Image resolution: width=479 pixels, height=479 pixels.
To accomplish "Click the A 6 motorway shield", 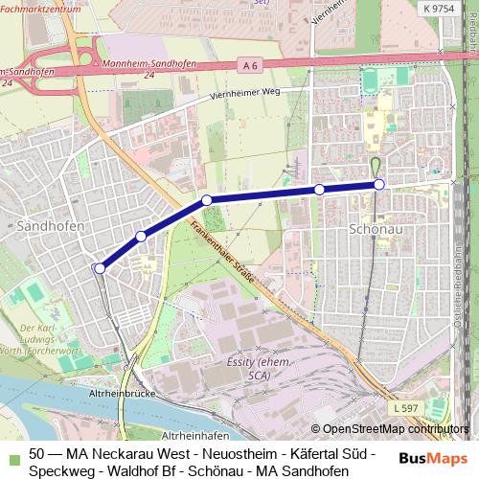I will pyautogui.click(x=250, y=65).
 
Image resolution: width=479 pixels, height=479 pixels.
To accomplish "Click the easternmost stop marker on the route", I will pyautogui.click(x=378, y=184).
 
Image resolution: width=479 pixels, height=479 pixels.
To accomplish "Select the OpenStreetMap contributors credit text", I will pyautogui.click(x=391, y=429).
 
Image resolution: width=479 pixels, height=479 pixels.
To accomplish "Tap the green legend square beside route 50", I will pyautogui.click(x=11, y=453).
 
